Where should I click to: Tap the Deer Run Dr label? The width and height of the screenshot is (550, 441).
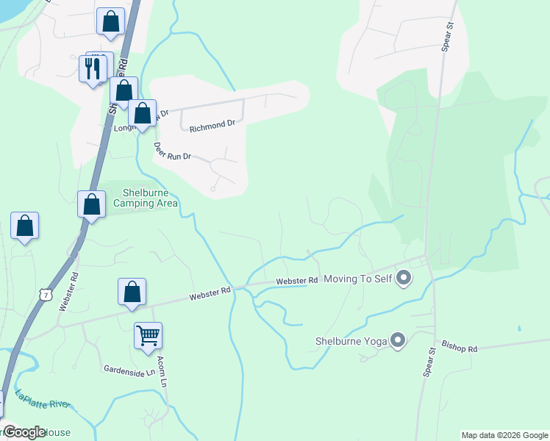tap(172, 151)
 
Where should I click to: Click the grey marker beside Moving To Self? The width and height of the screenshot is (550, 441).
tap(404, 279)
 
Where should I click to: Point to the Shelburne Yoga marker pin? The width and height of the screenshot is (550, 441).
tap(398, 340)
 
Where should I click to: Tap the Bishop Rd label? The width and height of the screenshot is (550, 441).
tap(460, 346)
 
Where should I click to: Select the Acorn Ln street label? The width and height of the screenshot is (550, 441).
tap(162, 372)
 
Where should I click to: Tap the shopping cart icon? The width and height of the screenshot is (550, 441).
tap(148, 336)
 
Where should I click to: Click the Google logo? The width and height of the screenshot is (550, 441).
tap(24, 432)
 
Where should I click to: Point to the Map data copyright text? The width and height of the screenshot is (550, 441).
tap(504, 435)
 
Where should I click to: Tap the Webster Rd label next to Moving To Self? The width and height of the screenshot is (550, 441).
tap(297, 281)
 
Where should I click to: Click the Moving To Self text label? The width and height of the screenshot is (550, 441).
tap(358, 279)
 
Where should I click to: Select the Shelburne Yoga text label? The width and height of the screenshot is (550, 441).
tap(351, 341)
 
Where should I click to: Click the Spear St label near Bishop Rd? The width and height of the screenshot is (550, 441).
tap(430, 363)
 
